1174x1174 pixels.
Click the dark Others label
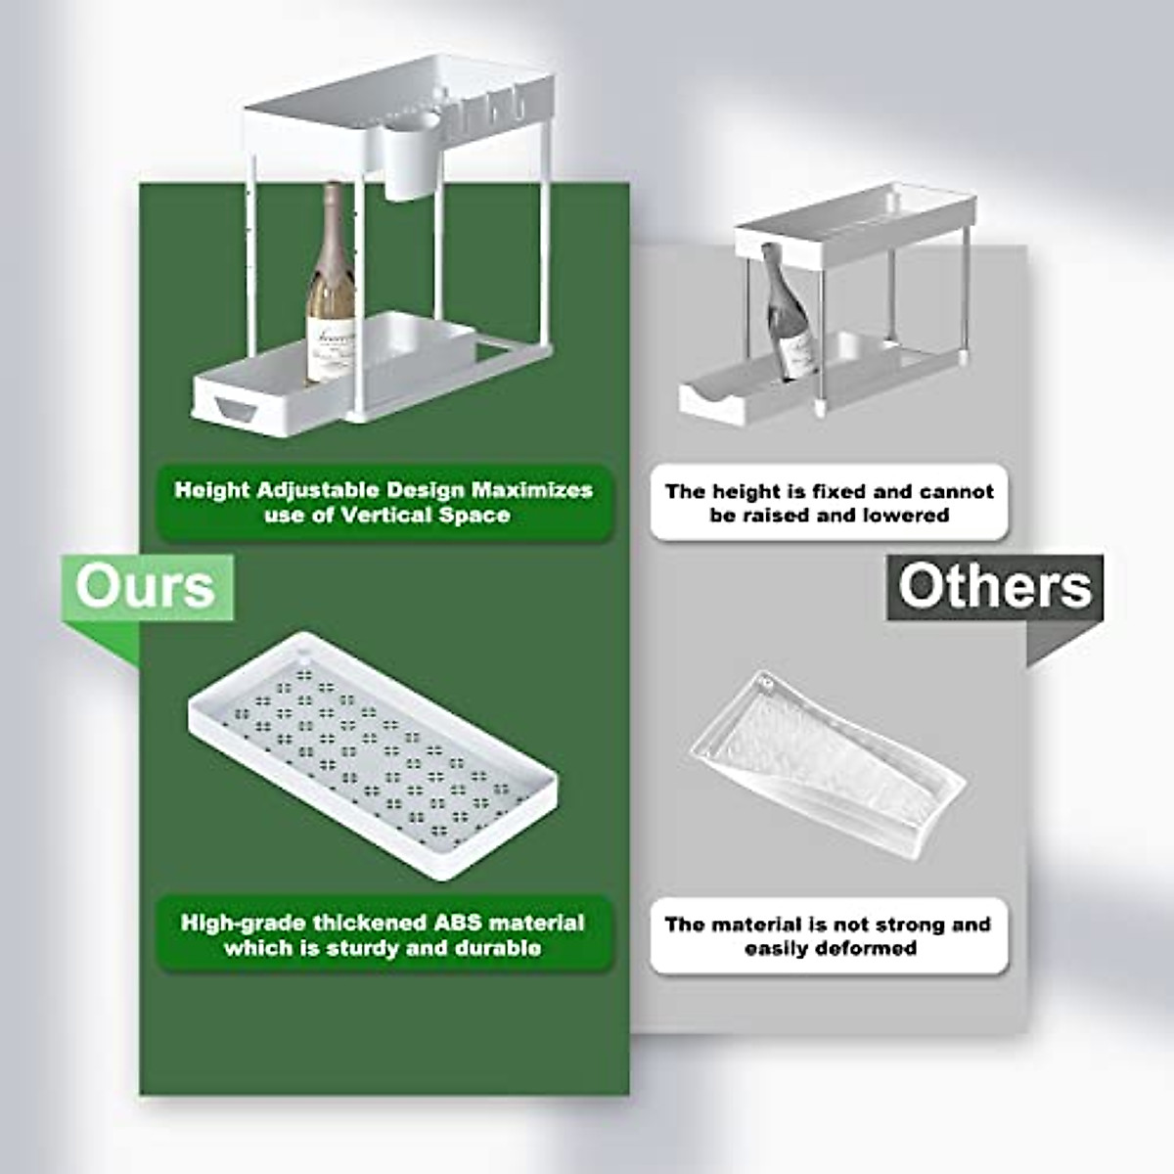coord(994,587)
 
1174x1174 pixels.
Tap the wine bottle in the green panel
coord(331,293)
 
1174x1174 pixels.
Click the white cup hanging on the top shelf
coord(412,162)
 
